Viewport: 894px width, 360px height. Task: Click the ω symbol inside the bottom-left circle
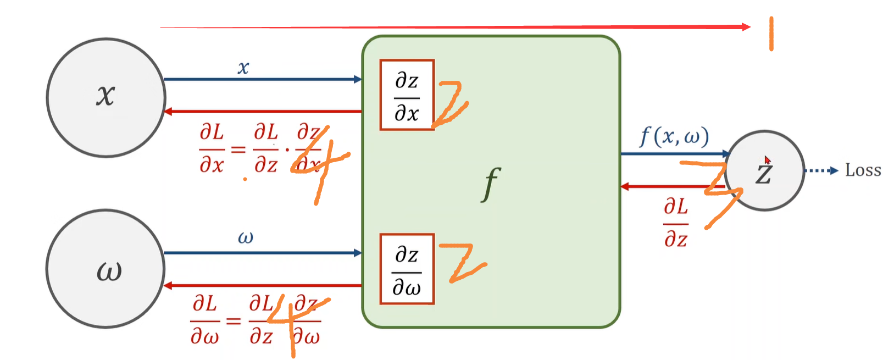[x=109, y=271]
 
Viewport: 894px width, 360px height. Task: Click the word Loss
[x=863, y=170]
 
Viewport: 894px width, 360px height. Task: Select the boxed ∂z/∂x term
[x=407, y=95]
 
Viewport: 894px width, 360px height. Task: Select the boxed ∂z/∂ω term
[x=407, y=269]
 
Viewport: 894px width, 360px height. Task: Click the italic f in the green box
[x=491, y=184]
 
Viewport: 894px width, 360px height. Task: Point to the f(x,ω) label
[x=674, y=136]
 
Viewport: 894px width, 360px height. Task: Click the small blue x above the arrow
[x=243, y=68]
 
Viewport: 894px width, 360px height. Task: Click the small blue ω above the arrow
[x=245, y=238]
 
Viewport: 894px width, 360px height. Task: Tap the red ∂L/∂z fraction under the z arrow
[x=675, y=223]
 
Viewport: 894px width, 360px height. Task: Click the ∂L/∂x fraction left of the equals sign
[x=212, y=149]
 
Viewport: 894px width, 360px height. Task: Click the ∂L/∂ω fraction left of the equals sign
[x=204, y=320]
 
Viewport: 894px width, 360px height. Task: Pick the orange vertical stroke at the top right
[x=771, y=34]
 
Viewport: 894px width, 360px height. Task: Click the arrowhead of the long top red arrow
[x=746, y=27]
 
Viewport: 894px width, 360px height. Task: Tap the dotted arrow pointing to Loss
[x=821, y=171]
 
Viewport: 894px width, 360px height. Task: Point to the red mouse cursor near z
[x=768, y=160]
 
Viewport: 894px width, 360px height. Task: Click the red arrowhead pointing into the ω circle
[x=168, y=286]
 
